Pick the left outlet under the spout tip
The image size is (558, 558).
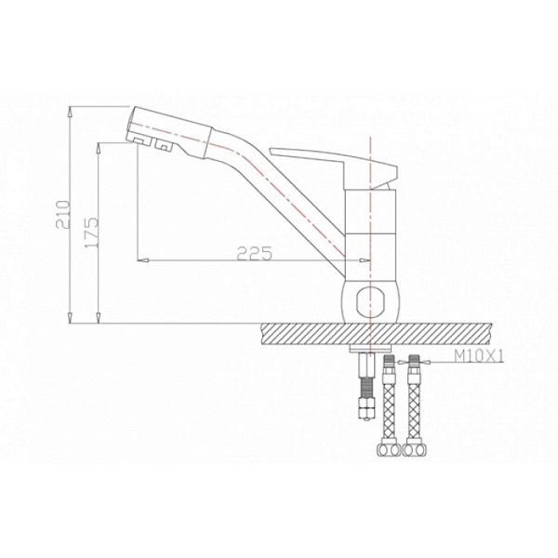point(139,139)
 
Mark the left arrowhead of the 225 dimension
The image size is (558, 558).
point(141,258)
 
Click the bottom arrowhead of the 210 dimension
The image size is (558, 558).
point(71,319)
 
